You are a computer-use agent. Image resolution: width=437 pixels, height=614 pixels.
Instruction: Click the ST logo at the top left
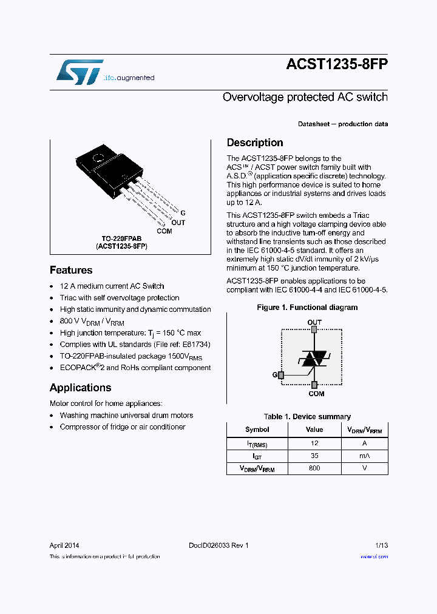(80, 72)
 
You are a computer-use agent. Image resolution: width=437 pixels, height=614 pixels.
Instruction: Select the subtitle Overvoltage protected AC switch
(305, 97)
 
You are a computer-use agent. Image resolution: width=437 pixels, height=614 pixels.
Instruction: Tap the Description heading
(254, 143)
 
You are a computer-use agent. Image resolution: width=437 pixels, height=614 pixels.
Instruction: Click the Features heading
(71, 270)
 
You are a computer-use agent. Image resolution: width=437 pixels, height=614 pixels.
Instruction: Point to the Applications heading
(80, 388)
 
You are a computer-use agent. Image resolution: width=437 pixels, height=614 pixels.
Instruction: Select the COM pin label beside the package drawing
(164, 231)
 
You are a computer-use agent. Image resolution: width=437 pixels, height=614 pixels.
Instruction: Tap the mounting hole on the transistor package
(98, 159)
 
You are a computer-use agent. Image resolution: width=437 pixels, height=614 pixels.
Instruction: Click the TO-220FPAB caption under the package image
(121, 239)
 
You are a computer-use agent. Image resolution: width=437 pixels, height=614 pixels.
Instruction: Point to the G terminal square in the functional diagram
(280, 375)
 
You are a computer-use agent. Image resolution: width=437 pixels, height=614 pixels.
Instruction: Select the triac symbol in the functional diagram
(314, 358)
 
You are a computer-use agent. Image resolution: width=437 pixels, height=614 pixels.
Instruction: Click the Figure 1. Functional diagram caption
(307, 308)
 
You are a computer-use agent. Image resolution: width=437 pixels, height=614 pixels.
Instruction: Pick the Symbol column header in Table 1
(257, 430)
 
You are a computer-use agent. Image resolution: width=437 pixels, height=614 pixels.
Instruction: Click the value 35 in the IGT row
(314, 456)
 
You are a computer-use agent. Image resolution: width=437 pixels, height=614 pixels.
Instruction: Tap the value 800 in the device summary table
(314, 468)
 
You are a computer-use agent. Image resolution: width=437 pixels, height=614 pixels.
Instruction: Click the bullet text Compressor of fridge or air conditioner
(123, 427)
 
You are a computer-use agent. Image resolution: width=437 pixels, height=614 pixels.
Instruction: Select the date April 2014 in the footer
(64, 545)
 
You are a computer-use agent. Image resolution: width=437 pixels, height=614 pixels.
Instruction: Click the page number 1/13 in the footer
(381, 545)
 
